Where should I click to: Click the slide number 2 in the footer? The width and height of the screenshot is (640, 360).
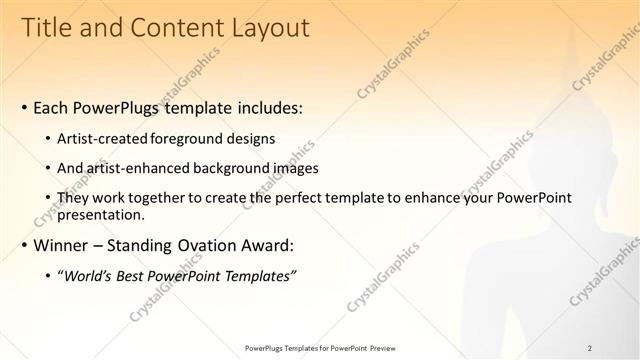point(590,348)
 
